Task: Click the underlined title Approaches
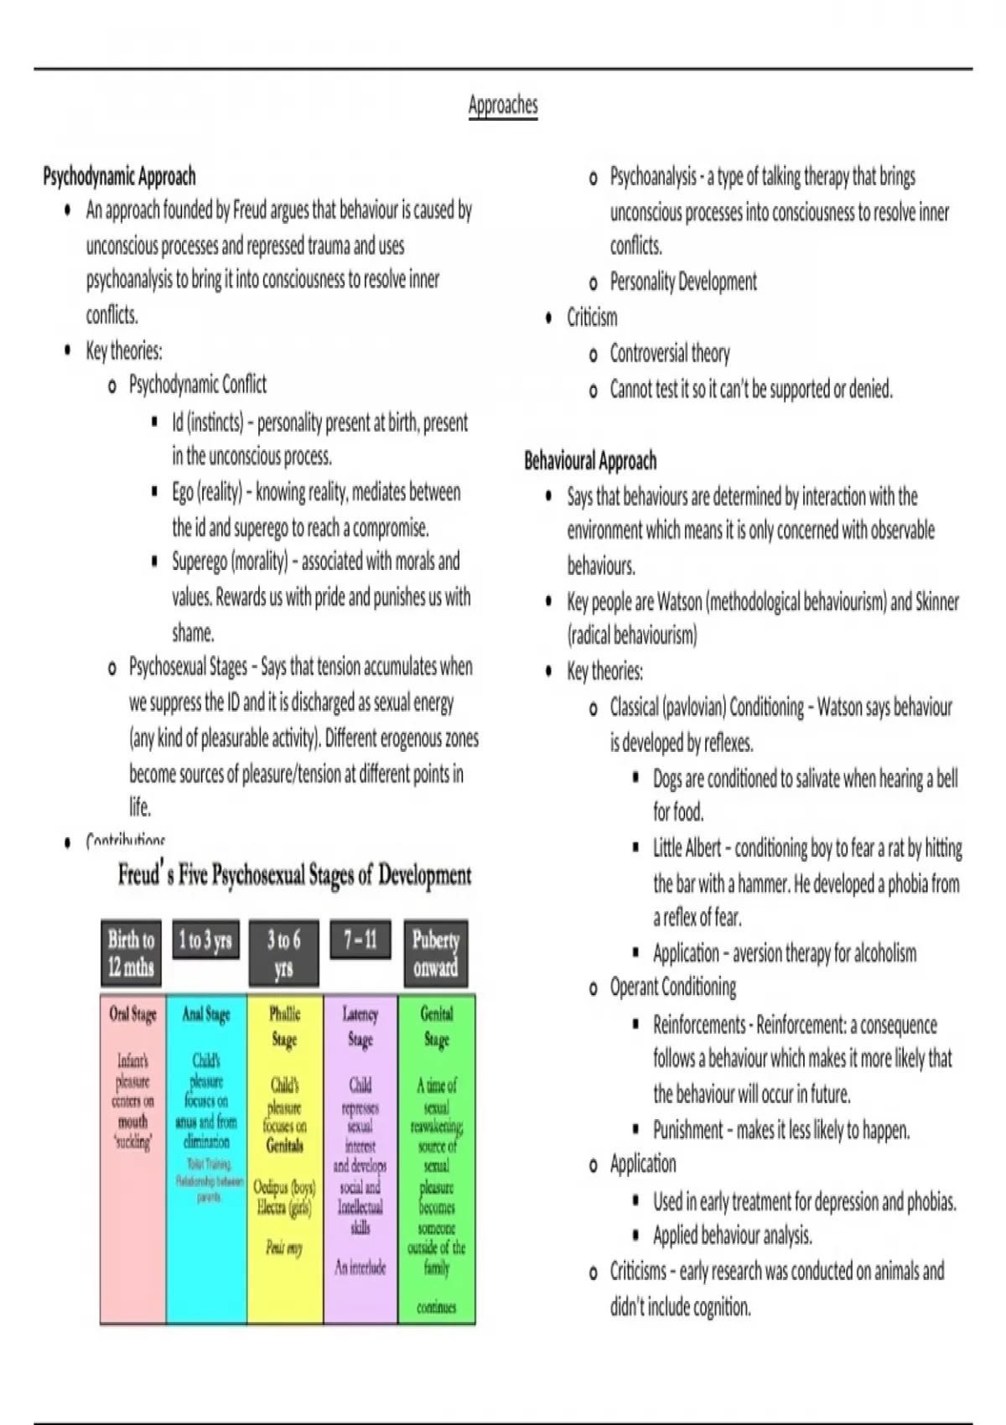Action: [503, 106]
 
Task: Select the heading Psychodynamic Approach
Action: [119, 177]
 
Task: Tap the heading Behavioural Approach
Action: [590, 461]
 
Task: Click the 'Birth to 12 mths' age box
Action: [132, 954]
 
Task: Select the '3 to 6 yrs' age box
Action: [283, 954]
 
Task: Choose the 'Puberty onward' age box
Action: [436, 954]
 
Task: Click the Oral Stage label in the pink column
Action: [132, 1014]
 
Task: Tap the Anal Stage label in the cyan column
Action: [206, 1014]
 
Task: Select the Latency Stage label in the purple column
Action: [360, 1027]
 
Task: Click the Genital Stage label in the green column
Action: [437, 1027]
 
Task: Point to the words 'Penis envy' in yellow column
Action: [283, 1248]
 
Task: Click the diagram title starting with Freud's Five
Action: [294, 876]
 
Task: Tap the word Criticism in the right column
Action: [592, 318]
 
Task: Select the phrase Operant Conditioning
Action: [673, 987]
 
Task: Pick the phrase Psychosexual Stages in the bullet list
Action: [188, 667]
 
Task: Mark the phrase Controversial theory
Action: [670, 354]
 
